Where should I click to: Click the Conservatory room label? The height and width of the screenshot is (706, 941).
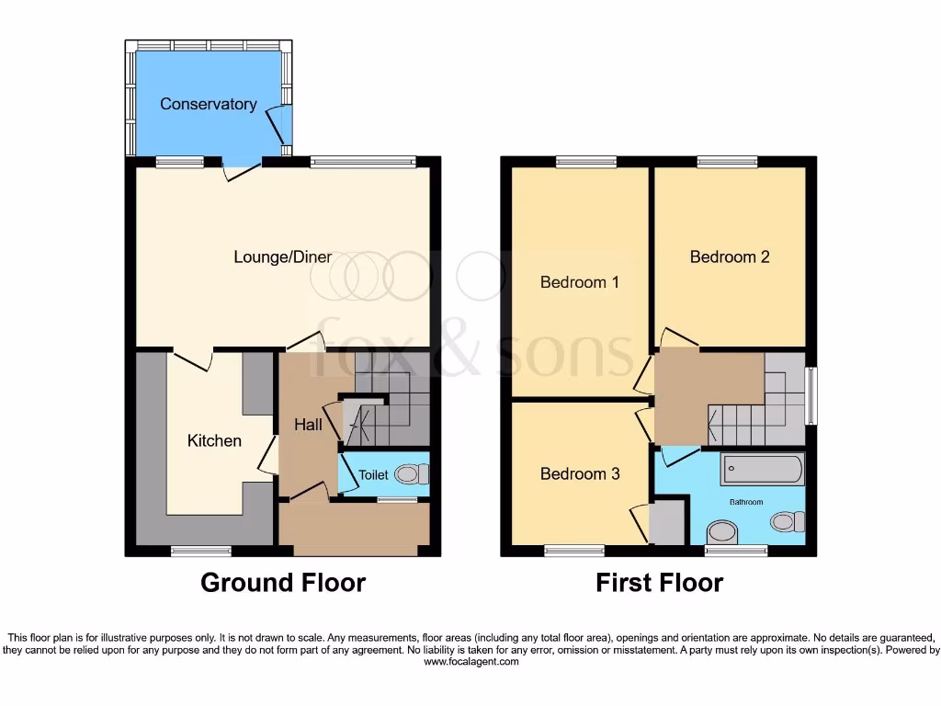pyautogui.click(x=208, y=104)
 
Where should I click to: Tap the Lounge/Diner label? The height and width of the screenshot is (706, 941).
pyautogui.click(x=282, y=256)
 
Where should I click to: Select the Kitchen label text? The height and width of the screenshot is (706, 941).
pyautogui.click(x=214, y=440)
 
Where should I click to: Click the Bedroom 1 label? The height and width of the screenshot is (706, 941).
pyautogui.click(x=579, y=282)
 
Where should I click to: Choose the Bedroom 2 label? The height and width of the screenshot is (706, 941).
pyautogui.click(x=730, y=256)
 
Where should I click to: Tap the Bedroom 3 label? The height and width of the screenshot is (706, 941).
pyautogui.click(x=579, y=473)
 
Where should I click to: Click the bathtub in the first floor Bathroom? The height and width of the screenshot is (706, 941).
pyautogui.click(x=763, y=469)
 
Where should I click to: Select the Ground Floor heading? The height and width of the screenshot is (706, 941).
pyautogui.click(x=283, y=583)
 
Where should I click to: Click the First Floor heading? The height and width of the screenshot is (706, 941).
pyautogui.click(x=659, y=583)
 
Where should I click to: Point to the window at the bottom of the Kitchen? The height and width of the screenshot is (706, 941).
pyautogui.click(x=201, y=551)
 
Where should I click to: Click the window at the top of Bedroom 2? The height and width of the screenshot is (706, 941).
pyautogui.click(x=728, y=162)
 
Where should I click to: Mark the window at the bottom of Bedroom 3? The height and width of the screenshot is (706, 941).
pyautogui.click(x=574, y=551)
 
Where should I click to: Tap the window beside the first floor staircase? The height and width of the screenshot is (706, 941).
pyautogui.click(x=811, y=396)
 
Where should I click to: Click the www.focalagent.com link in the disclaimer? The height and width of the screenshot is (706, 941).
pyautogui.click(x=470, y=660)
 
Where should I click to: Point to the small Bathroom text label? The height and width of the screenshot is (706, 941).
pyautogui.click(x=746, y=502)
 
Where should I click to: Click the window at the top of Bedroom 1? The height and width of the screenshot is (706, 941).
pyautogui.click(x=585, y=162)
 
